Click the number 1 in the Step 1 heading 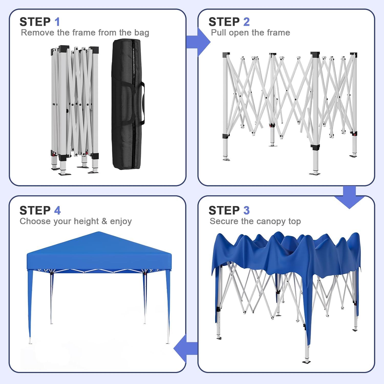tap(57, 22)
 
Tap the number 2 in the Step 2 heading tap(246, 22)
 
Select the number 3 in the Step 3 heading tap(246, 210)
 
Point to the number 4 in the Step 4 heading tap(57, 210)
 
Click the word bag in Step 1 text tap(142, 33)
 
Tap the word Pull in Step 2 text tap(218, 33)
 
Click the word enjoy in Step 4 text tap(121, 221)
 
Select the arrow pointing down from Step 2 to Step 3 tap(349, 198)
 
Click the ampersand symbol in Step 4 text tap(104, 221)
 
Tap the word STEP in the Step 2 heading tap(224, 22)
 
